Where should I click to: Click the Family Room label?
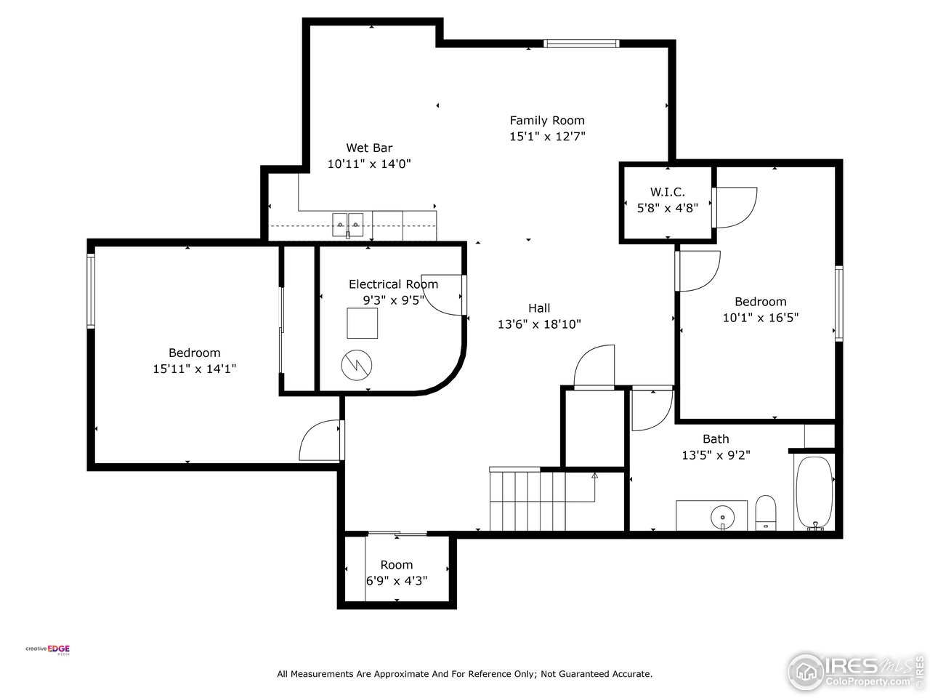coord(546,121)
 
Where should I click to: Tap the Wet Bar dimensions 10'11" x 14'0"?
coord(369,164)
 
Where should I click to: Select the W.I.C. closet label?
coord(667,192)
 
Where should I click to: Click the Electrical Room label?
coord(393,284)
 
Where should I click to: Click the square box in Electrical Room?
coord(362,323)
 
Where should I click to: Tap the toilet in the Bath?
coord(766,512)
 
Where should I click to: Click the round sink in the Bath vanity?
coord(722,516)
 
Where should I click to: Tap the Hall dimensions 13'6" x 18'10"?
coord(539,325)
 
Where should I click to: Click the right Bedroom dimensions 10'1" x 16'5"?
coord(760,318)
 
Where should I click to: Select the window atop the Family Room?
coord(581,44)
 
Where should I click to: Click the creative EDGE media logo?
coord(49,649)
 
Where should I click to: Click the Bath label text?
coord(716,439)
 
